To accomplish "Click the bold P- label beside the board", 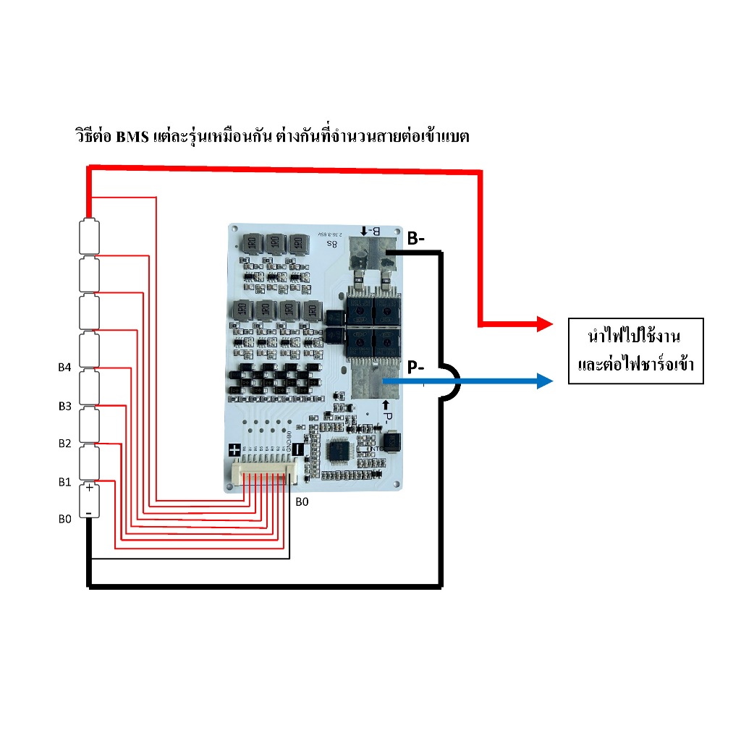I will [416, 368].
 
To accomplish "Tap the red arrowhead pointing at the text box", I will [544, 325].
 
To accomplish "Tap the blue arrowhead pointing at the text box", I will [545, 380].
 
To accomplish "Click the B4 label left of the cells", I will [64, 368].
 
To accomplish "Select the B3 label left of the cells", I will [64, 406].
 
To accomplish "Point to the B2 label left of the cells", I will [64, 443].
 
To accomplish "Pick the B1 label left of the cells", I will [64, 481].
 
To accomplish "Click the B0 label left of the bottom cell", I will [64, 518].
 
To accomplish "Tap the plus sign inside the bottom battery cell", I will [89, 488].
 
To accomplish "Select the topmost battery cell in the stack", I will [88, 235].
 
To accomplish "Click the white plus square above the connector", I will [234, 449].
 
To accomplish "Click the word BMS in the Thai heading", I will [132, 137].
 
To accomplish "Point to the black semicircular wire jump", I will [450, 381].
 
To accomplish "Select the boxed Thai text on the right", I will [636, 350].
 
